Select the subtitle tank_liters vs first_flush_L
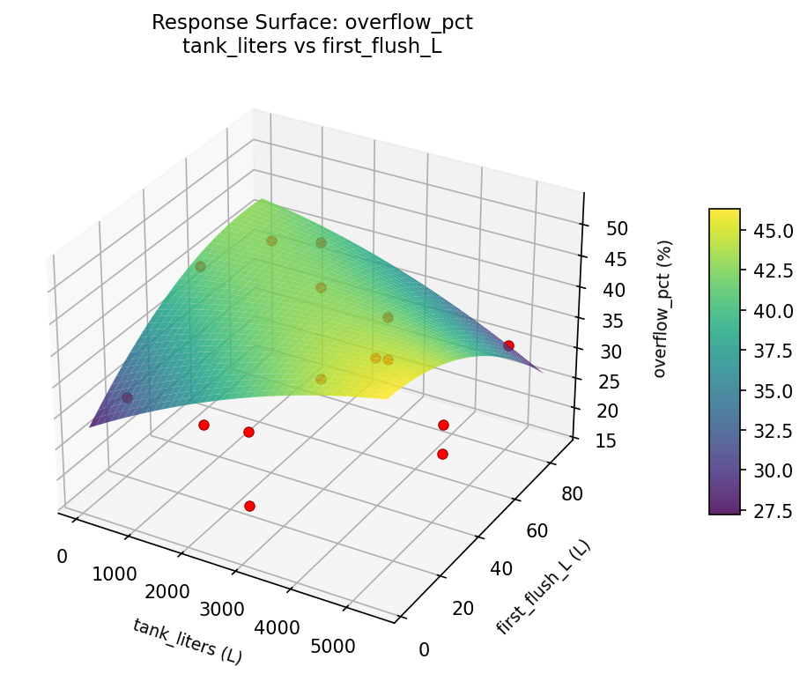tap(312, 47)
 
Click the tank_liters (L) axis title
tap(187, 641)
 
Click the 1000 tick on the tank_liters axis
tap(115, 574)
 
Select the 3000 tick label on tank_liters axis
tap(223, 609)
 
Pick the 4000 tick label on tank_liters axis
tap(278, 627)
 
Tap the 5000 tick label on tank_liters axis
tap(333, 646)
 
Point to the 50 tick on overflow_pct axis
tap(617, 228)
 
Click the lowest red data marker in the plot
tap(249, 506)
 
